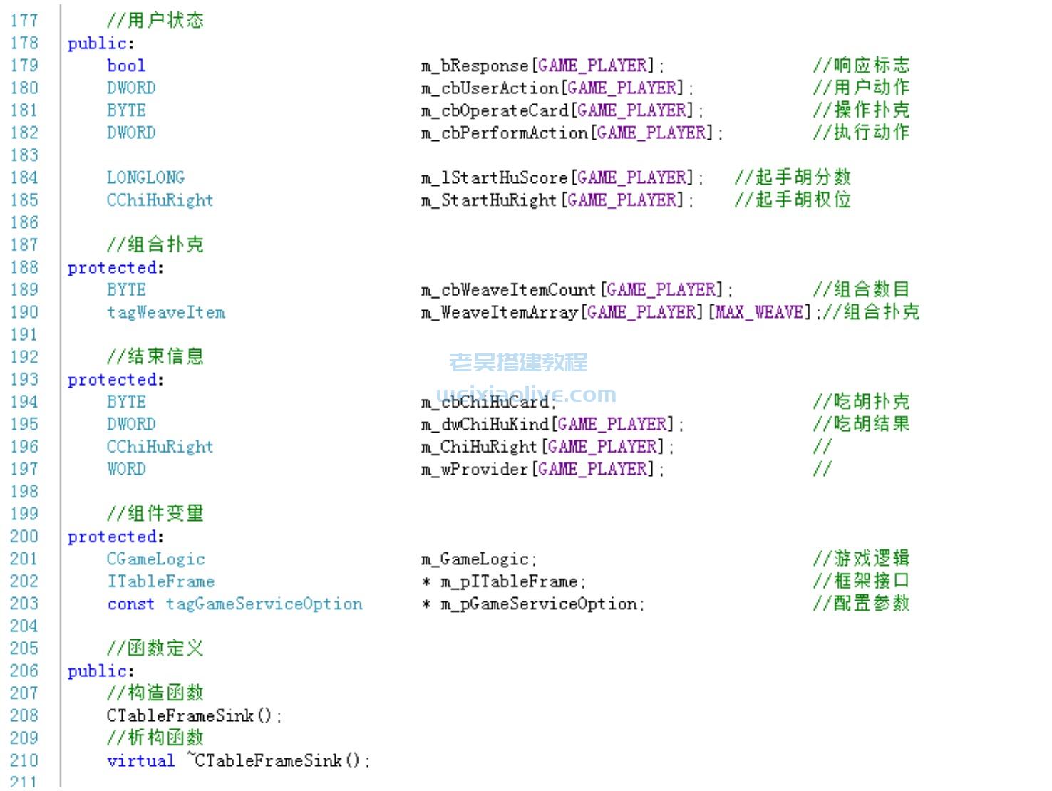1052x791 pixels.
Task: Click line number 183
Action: pos(24,155)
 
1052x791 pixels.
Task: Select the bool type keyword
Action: pos(126,66)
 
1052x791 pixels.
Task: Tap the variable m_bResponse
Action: pos(475,66)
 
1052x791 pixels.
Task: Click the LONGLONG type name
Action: pos(145,177)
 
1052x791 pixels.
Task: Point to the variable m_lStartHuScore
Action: pos(494,177)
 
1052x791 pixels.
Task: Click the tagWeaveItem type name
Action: pos(165,312)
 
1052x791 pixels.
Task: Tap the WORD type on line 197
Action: pos(126,469)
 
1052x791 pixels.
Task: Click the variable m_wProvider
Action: pos(475,469)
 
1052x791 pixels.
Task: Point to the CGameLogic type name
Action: pos(155,559)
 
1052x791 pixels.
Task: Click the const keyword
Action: pos(130,604)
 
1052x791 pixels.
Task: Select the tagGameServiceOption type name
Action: pos(264,604)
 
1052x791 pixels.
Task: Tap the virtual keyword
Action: pos(140,760)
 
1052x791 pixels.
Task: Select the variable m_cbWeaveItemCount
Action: pos(508,290)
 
